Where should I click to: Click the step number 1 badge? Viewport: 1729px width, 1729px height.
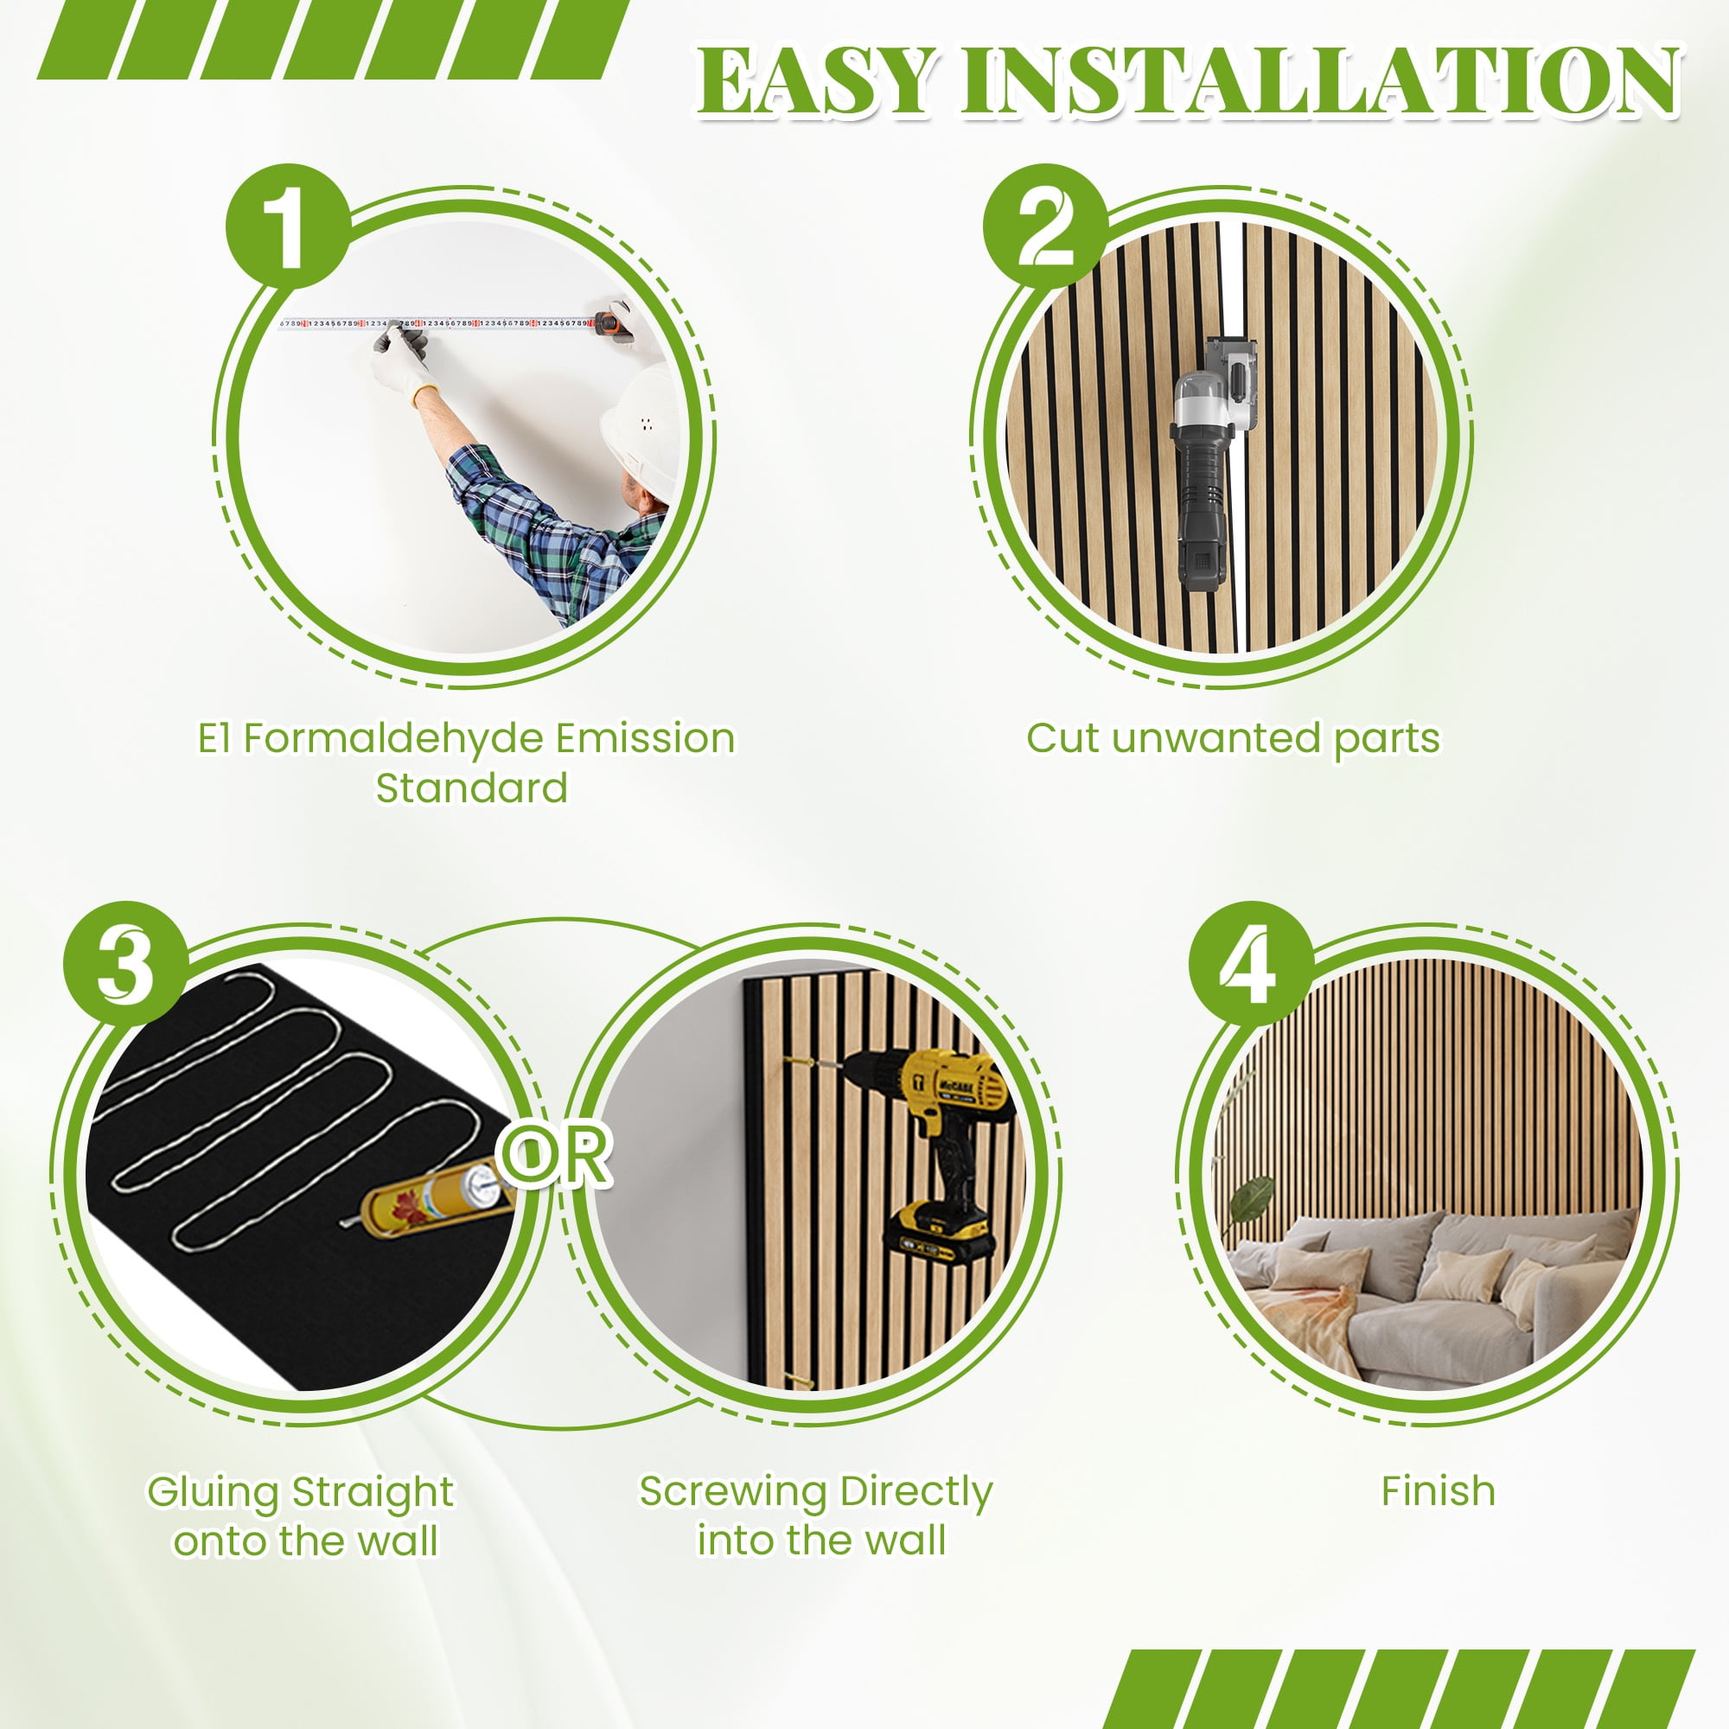288,226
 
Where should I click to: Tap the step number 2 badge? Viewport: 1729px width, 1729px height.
1045,226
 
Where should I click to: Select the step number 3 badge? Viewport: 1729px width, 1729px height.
126,964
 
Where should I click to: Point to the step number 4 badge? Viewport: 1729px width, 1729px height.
1251,964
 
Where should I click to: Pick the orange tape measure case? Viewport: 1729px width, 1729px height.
616,323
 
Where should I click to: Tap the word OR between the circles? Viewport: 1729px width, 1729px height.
557,1155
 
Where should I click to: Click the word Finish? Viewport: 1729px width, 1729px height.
1438,1492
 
